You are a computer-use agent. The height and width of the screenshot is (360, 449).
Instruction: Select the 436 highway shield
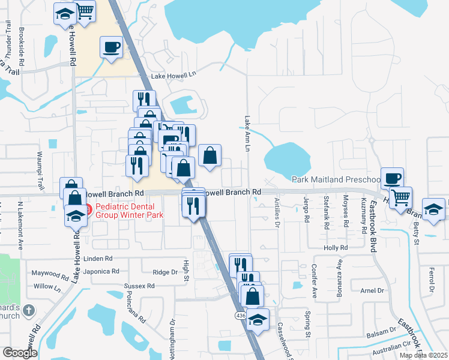point(239,316)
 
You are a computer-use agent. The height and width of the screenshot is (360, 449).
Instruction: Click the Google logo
point(20,353)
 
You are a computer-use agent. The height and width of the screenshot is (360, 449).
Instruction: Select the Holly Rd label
point(336,247)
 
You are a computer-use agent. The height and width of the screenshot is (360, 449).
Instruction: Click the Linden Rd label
point(98,259)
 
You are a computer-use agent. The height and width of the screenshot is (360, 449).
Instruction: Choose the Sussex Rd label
point(135,286)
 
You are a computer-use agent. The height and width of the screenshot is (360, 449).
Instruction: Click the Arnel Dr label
point(372,290)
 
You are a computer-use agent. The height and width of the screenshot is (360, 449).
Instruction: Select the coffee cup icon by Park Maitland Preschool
point(392,178)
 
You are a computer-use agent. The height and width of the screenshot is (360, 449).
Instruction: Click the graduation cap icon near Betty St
point(433,209)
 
